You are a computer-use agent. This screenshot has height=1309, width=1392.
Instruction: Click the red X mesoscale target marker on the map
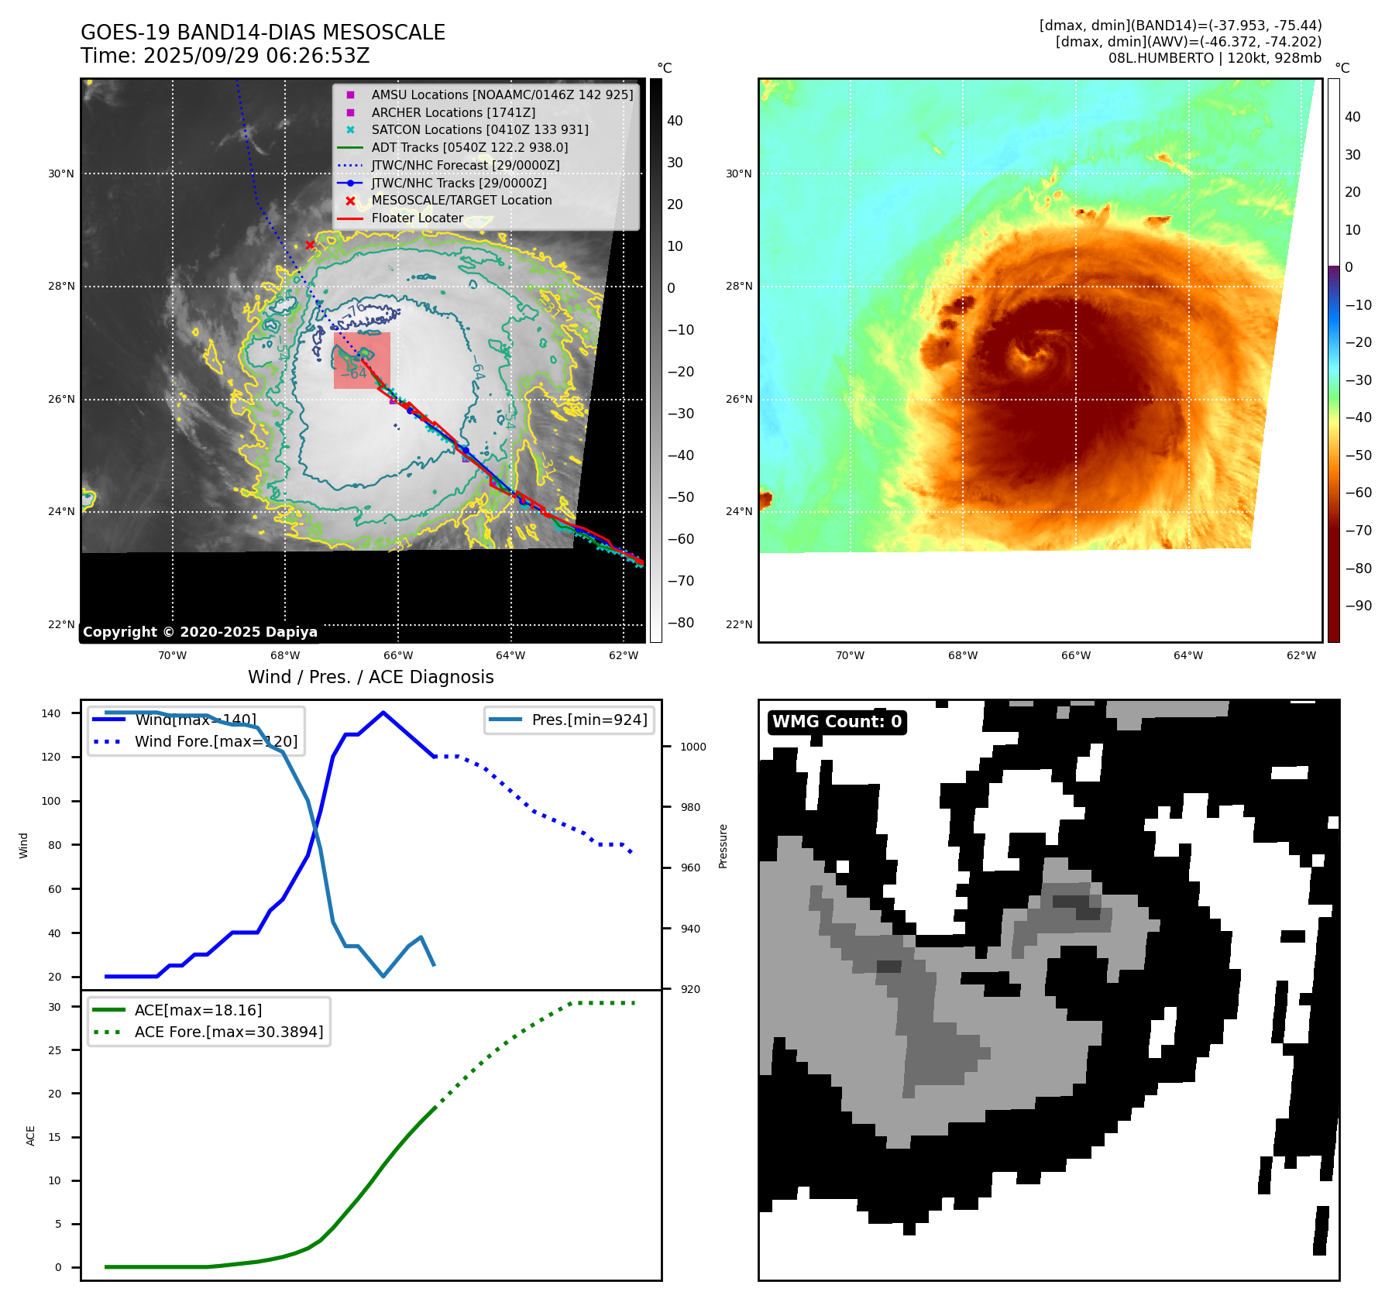(x=310, y=246)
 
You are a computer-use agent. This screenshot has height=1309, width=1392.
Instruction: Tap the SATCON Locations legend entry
(x=479, y=129)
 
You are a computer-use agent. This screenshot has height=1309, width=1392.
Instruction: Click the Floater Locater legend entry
(x=417, y=218)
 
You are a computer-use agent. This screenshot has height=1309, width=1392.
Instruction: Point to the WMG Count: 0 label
(x=837, y=722)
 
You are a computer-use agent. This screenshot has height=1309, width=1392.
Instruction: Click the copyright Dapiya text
(x=200, y=632)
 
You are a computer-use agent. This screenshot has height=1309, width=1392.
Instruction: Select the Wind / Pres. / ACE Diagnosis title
(x=370, y=677)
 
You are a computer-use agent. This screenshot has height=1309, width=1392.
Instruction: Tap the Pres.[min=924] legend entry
(x=589, y=720)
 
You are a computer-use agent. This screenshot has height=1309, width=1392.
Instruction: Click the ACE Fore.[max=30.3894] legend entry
(x=229, y=1032)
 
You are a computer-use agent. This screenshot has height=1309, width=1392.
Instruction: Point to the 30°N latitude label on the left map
(x=61, y=174)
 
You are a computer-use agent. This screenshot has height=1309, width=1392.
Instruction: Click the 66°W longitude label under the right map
(x=1075, y=655)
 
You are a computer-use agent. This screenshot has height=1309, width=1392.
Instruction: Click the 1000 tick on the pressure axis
(x=693, y=747)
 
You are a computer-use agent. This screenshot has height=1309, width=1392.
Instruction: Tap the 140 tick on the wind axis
(x=51, y=713)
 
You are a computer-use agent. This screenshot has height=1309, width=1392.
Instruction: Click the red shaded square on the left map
(x=362, y=360)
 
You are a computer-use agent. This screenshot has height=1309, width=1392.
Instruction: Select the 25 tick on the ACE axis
(x=54, y=1050)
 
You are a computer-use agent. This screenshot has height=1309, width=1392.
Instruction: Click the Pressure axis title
(x=723, y=846)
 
